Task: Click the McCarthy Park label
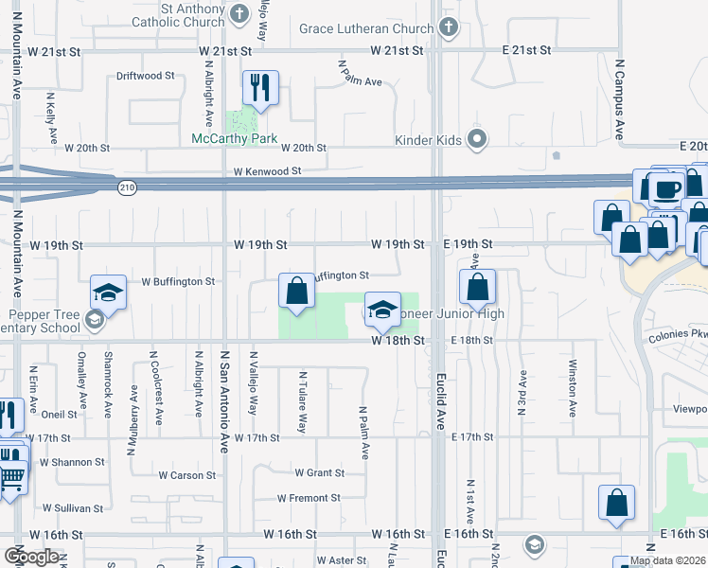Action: tap(235, 138)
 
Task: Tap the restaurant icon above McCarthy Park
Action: tap(258, 88)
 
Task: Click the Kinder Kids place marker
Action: tap(477, 140)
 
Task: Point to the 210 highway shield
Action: tap(127, 188)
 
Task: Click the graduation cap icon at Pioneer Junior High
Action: tap(382, 310)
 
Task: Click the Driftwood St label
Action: tap(145, 75)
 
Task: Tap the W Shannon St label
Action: tap(72, 462)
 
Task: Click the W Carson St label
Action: tap(187, 475)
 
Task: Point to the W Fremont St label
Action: tap(309, 498)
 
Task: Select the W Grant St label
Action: tap(319, 472)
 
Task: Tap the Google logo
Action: tap(31, 557)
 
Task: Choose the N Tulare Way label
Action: tap(302, 402)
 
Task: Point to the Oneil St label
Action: tap(59, 414)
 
